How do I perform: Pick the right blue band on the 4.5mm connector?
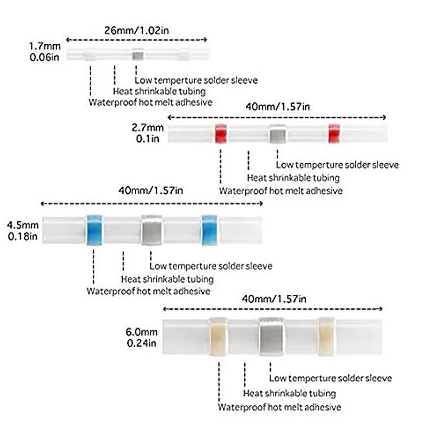[x=210, y=230]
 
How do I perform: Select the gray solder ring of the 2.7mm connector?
[x=277, y=134]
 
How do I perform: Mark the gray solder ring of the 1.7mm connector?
[x=137, y=54]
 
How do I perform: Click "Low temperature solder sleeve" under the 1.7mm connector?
[x=196, y=80]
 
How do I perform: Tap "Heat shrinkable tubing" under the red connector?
[x=293, y=178]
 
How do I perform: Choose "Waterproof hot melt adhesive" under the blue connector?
[x=148, y=291]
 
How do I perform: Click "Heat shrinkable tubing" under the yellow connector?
[x=290, y=393]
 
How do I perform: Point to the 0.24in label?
[x=140, y=343]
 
